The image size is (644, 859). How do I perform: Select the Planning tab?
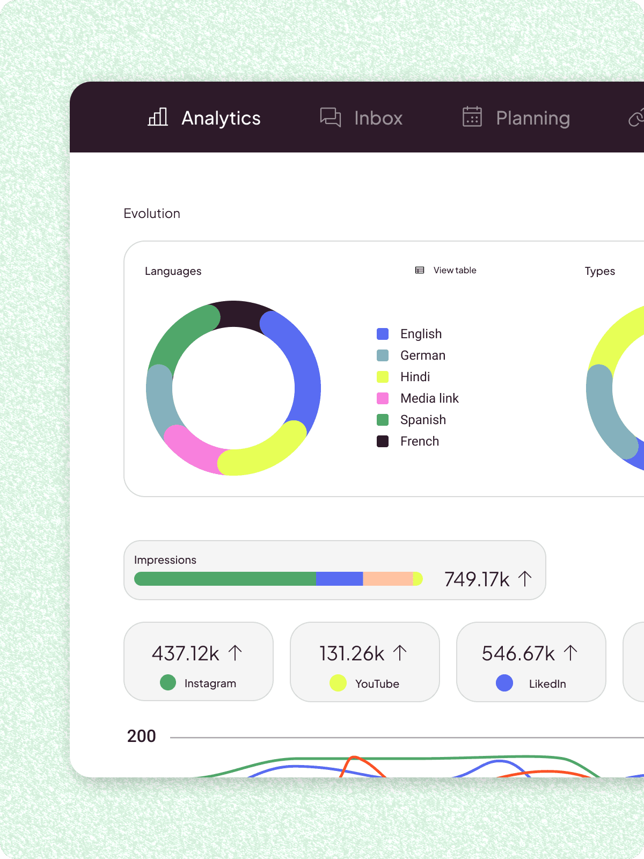pyautogui.click(x=532, y=118)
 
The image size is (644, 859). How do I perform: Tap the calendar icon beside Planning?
pyautogui.click(x=472, y=117)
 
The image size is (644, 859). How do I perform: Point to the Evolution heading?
pyautogui.click(x=152, y=214)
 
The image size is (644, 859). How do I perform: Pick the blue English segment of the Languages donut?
pyautogui.click(x=303, y=365)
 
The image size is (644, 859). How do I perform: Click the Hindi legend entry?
pyautogui.click(x=415, y=377)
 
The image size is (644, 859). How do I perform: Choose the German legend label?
pyautogui.click(x=422, y=355)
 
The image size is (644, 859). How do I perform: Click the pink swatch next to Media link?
pyautogui.click(x=383, y=398)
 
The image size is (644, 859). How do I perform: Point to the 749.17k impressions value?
pyautogui.click(x=477, y=579)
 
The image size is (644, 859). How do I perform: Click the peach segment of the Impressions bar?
pyautogui.click(x=387, y=579)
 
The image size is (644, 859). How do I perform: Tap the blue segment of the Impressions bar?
pyautogui.click(x=339, y=579)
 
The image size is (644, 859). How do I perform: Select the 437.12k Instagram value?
pyautogui.click(x=186, y=653)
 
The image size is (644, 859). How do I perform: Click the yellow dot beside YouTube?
pyautogui.click(x=338, y=683)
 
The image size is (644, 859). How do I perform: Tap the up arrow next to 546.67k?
pyautogui.click(x=570, y=653)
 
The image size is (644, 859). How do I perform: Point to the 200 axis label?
pyautogui.click(x=141, y=736)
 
